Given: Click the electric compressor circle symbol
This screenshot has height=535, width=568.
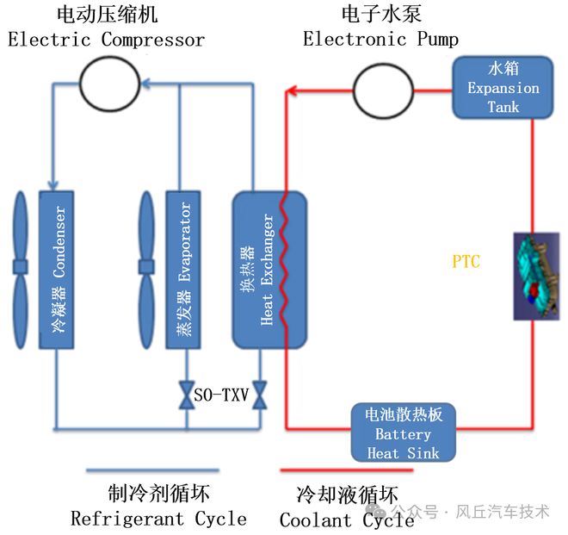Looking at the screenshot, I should point(110,84).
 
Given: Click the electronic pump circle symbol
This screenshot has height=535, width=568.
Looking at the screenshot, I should point(380,87).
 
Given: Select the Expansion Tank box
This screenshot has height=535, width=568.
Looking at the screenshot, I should point(503,88).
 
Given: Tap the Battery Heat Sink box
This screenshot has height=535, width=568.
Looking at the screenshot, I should point(403,432).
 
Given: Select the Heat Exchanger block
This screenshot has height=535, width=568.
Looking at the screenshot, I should point(269,270).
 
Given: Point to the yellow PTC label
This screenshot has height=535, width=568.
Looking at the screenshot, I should point(466,261).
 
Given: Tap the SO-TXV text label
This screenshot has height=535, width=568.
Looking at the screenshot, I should point(219,395).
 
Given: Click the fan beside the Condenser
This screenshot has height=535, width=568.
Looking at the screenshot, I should point(21,270).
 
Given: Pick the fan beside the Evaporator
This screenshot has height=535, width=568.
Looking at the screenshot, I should point(145,270).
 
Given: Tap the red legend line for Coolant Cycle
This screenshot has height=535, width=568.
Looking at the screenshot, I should point(335,470).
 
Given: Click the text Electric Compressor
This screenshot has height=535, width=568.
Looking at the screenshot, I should point(107,40).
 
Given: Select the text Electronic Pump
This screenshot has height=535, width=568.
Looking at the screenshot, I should point(380,39).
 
